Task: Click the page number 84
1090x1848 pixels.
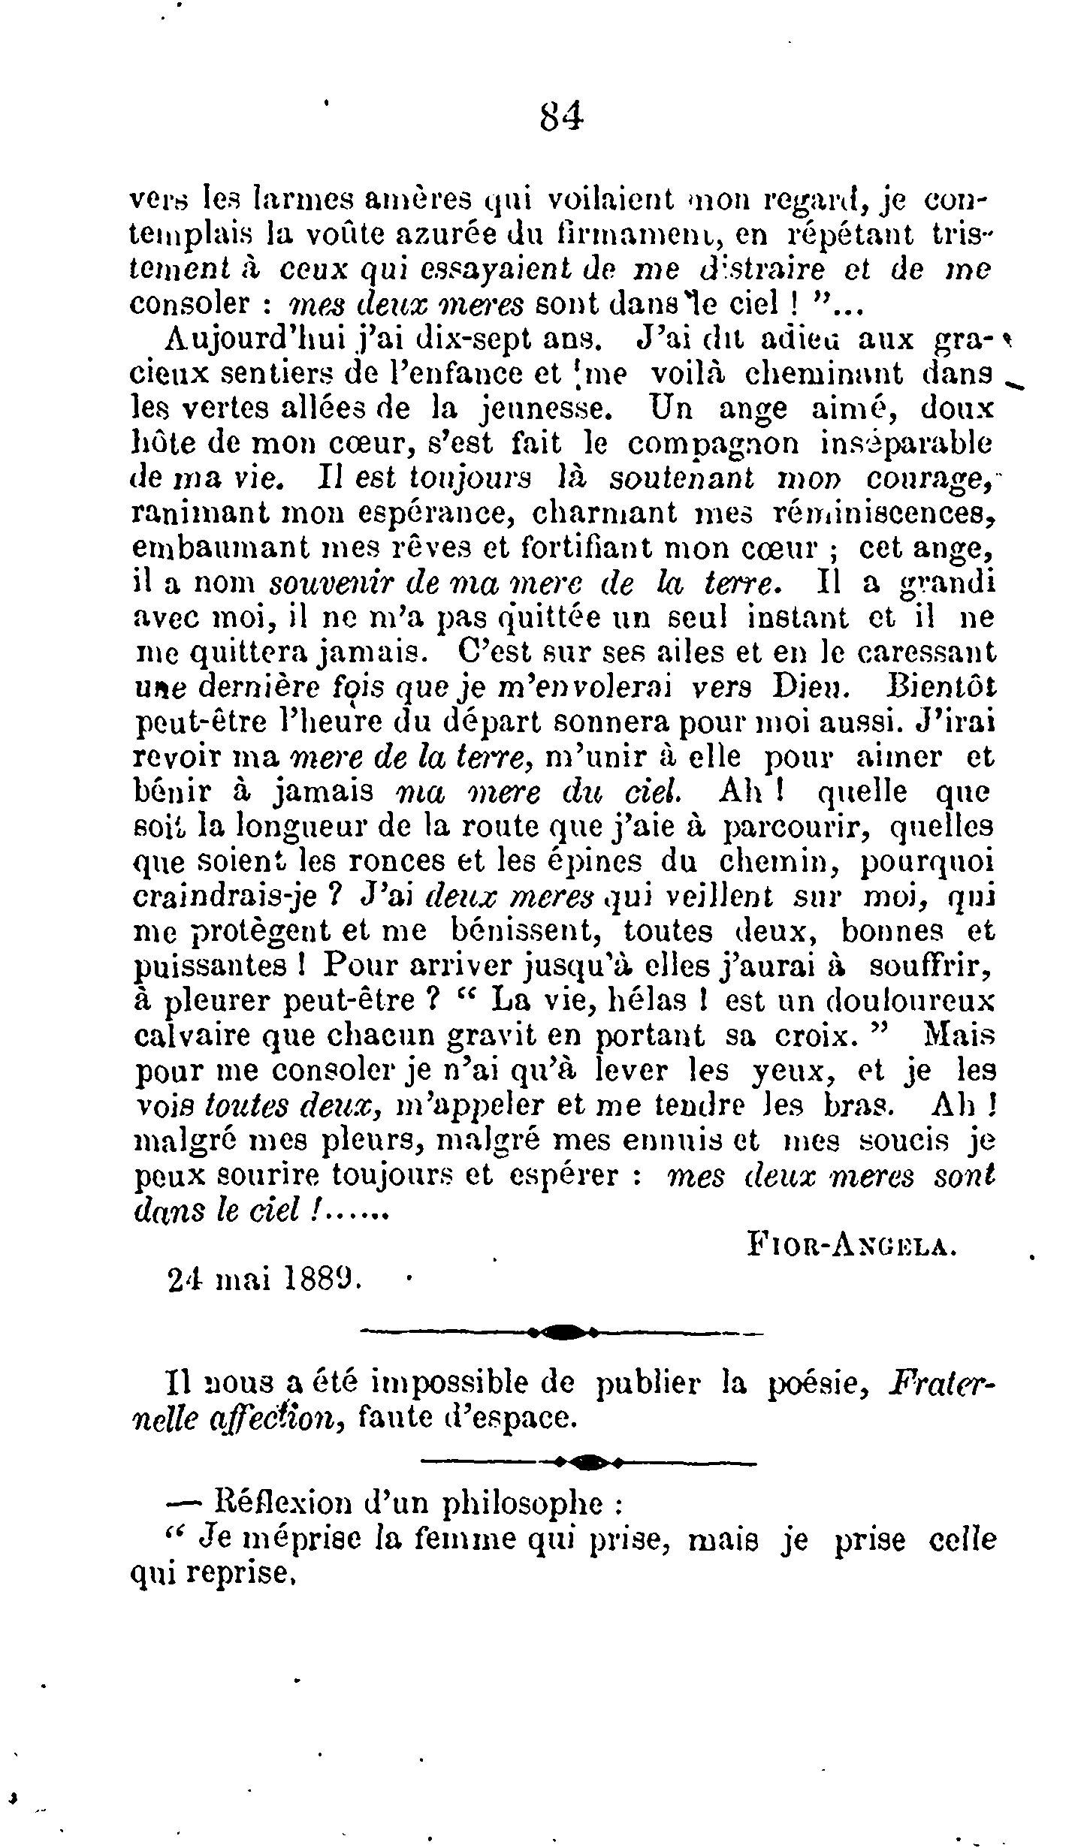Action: [x=562, y=117]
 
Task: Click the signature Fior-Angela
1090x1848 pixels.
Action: [x=852, y=1247]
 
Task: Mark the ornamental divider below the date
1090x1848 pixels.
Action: [x=562, y=1333]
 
